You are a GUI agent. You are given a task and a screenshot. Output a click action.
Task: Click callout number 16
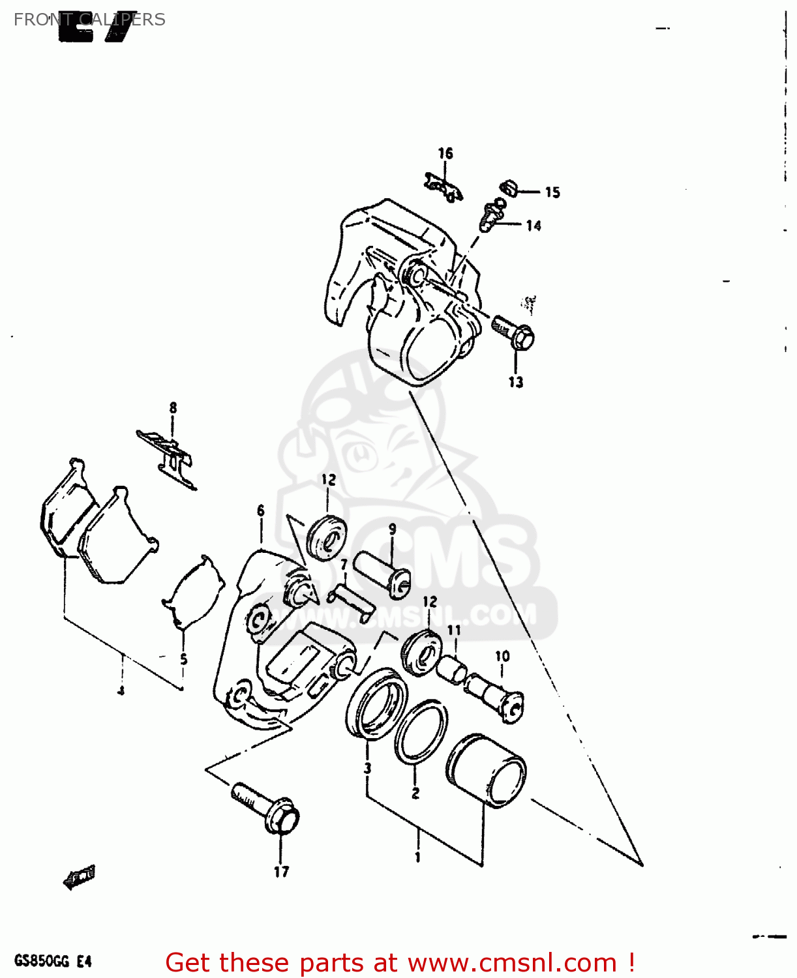point(445,153)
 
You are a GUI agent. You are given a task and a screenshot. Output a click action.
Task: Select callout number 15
point(552,192)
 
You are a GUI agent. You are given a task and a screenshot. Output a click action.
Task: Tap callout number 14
point(534,226)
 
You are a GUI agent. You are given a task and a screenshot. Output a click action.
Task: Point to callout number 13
point(516,382)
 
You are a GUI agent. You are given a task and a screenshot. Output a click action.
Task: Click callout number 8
point(173,408)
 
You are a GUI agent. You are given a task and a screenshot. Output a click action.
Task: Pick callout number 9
point(393,529)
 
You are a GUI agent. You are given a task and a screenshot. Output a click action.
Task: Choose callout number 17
point(281,872)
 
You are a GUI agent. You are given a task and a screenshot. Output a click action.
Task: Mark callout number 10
point(502,656)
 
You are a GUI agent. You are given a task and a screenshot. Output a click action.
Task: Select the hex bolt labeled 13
point(515,332)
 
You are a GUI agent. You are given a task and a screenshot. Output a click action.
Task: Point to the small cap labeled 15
point(509,188)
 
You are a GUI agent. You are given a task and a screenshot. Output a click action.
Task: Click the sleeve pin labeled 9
point(382,572)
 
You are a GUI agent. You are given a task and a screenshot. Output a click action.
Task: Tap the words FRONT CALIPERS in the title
point(89,20)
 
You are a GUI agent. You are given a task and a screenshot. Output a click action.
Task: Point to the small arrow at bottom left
point(79,877)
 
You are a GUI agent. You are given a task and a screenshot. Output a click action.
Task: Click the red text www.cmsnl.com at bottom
point(512,963)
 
